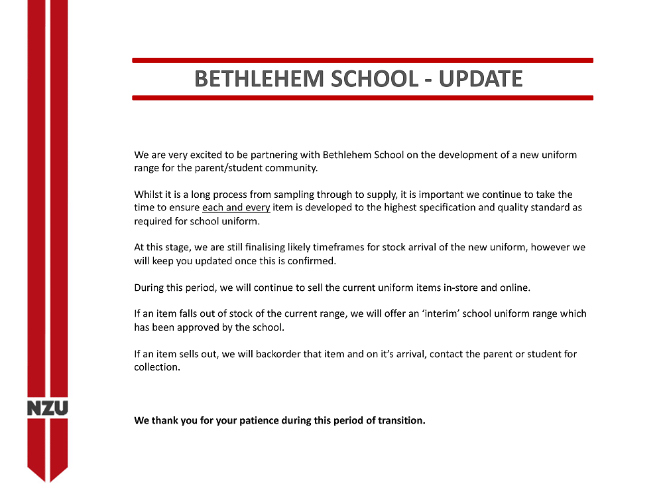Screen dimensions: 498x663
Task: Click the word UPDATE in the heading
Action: [x=481, y=79]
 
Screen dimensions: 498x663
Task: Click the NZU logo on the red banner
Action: [x=47, y=408]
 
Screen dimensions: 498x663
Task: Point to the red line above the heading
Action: [x=362, y=60]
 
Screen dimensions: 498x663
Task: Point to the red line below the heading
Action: [x=362, y=98]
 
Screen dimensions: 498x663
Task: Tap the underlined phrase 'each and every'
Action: [x=236, y=207]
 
